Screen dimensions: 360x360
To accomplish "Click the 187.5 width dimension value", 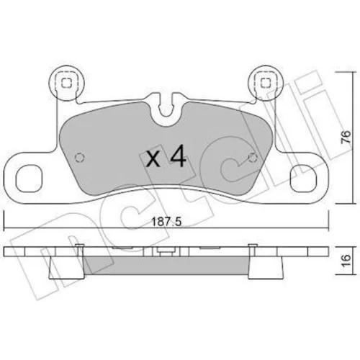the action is pyautogui.click(x=166, y=222).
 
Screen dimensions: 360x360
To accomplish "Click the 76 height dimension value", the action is pyautogui.click(x=346, y=137).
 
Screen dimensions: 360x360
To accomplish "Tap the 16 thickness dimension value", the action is pyautogui.click(x=346, y=261).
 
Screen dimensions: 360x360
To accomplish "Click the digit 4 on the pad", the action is pyautogui.click(x=178, y=156).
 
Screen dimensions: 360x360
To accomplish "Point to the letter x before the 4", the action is pyautogui.click(x=153, y=159).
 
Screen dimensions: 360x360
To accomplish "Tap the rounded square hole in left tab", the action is pyautogui.click(x=28, y=178).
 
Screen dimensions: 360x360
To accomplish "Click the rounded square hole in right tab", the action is pyautogui.click(x=303, y=178).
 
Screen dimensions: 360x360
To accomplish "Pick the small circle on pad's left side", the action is pyautogui.click(x=80, y=158).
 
